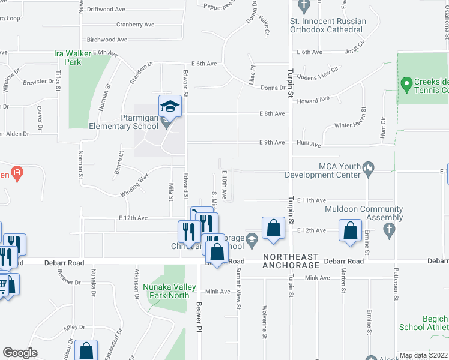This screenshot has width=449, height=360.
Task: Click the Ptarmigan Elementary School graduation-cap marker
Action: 170,106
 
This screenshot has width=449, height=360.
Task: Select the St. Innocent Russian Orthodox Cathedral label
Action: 327,25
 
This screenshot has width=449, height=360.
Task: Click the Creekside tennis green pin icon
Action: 406,83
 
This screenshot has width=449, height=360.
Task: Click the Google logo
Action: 20,353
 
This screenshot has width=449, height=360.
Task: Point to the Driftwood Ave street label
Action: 106,10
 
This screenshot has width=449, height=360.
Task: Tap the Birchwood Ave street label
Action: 107,40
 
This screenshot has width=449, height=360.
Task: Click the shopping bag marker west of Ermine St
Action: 350,230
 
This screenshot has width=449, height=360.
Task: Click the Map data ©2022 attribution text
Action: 424,355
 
